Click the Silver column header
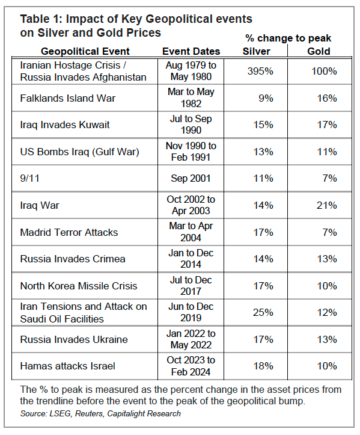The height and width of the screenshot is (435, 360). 257,51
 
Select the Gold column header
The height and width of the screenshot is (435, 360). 319,51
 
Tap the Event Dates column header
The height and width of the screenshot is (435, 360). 191,51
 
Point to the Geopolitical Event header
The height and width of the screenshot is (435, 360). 85,51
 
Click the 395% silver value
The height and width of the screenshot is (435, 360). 260,72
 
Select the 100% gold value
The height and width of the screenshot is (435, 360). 324,72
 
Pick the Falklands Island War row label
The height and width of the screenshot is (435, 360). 68,98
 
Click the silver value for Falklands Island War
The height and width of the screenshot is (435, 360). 266,98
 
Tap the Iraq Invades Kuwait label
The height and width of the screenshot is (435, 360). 65,125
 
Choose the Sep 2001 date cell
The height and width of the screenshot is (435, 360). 191,178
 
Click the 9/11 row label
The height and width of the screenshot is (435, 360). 29,178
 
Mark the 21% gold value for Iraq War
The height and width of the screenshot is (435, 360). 327,205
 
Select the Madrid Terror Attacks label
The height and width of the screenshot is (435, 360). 69,232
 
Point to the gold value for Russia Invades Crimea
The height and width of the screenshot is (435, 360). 327,259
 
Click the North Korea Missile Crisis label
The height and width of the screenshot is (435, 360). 79,286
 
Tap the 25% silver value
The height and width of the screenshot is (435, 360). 263,313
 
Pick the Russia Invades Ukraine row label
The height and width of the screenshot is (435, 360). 74,339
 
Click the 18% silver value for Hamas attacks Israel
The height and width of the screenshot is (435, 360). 263,366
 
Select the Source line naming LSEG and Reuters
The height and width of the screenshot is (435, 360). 100,413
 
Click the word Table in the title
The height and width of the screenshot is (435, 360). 35,19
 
